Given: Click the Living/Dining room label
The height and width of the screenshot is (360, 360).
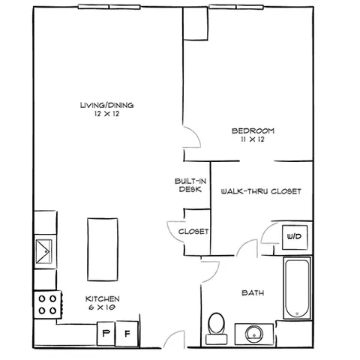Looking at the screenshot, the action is tap(106, 105).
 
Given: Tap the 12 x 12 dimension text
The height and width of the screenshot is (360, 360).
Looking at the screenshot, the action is tap(106, 114).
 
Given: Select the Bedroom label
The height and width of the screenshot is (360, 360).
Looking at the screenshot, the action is tap(253, 130).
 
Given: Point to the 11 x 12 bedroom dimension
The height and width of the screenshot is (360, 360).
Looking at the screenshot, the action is tap(253, 139).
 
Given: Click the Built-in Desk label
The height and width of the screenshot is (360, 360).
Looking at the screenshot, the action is tap(190, 185).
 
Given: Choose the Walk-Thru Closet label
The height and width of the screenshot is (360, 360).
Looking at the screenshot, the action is tap(261, 191).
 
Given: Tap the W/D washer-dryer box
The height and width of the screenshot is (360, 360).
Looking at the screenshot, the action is tap(295, 237).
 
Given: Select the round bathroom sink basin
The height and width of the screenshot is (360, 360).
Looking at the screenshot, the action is tap(254, 334).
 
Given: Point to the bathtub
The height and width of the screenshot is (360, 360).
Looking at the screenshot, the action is tap(297, 288).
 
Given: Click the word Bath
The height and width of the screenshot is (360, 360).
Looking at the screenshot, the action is tap(253, 292).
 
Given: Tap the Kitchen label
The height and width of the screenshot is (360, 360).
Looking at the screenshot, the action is tap(103, 298).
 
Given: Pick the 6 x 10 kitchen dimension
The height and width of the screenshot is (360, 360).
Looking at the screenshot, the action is tap(102, 307).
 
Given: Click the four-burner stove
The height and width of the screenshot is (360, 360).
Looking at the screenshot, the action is tap(47, 304).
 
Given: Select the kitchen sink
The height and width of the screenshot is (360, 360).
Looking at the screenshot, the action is tap(44, 251).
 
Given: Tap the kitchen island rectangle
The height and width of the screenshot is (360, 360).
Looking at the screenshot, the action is tap(103, 250).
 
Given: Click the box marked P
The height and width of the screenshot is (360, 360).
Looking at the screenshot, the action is tap(106, 333).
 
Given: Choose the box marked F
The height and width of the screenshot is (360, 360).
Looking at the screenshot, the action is tap(127, 334).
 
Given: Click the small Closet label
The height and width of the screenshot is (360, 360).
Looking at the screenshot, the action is tap(193, 232).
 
